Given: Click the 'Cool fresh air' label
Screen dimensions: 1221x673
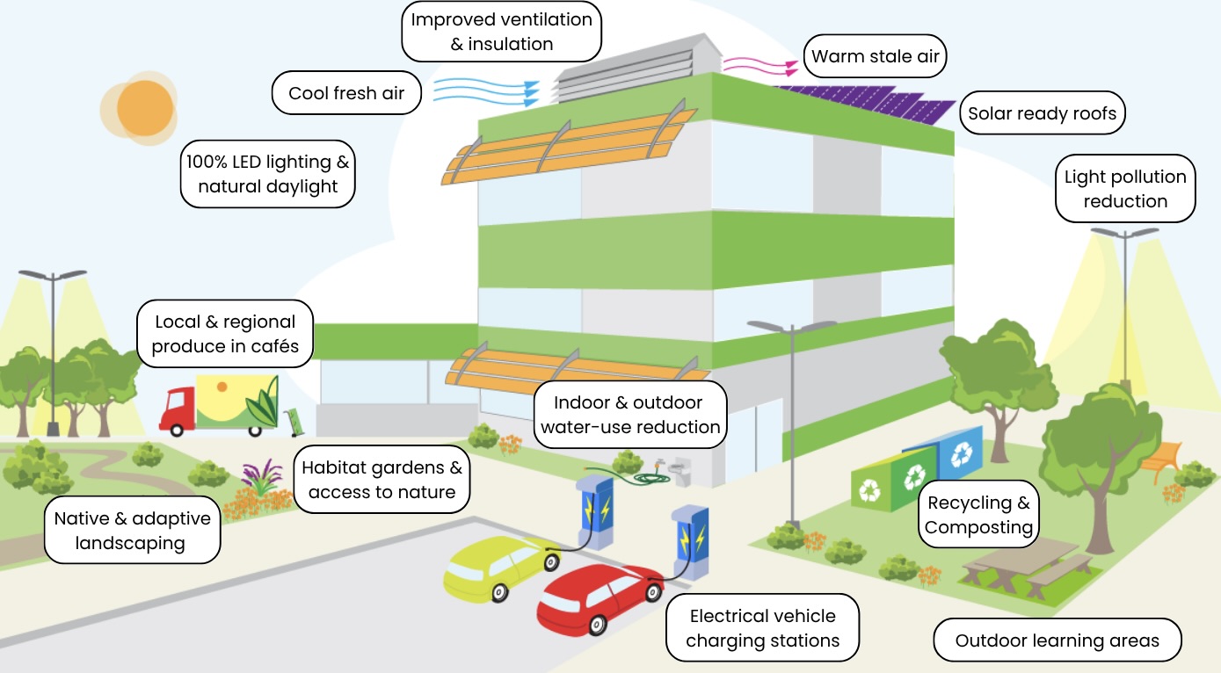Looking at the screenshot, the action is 346,92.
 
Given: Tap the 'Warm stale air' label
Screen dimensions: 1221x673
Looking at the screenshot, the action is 875,56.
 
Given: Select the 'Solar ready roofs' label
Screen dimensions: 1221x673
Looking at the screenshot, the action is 1043,112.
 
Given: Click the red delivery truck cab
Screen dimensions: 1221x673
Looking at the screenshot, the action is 178,409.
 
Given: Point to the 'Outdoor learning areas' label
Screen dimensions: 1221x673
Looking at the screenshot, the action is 1057,640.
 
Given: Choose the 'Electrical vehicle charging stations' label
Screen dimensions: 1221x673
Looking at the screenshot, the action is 763,628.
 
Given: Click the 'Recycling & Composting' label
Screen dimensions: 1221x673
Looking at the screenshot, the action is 978,515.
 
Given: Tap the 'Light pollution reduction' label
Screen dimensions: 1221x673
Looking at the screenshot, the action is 1125,189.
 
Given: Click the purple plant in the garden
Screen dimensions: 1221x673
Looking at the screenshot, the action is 263,477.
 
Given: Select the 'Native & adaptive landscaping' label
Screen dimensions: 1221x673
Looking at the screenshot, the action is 132,530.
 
